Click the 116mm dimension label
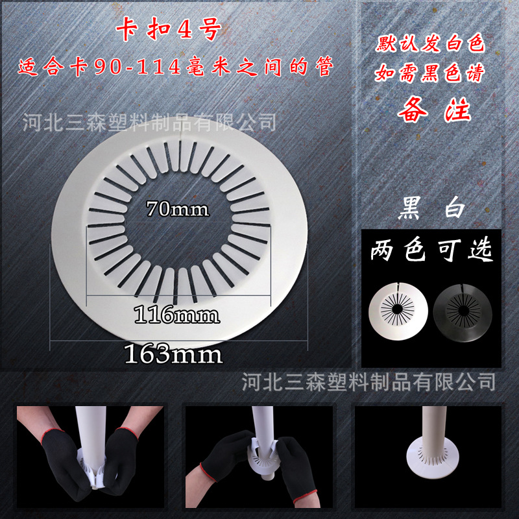(176, 316)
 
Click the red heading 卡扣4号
(170, 32)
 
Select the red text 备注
(433, 108)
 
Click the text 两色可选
(431, 250)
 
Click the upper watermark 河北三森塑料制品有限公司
(149, 121)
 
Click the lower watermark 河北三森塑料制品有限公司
(368, 381)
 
